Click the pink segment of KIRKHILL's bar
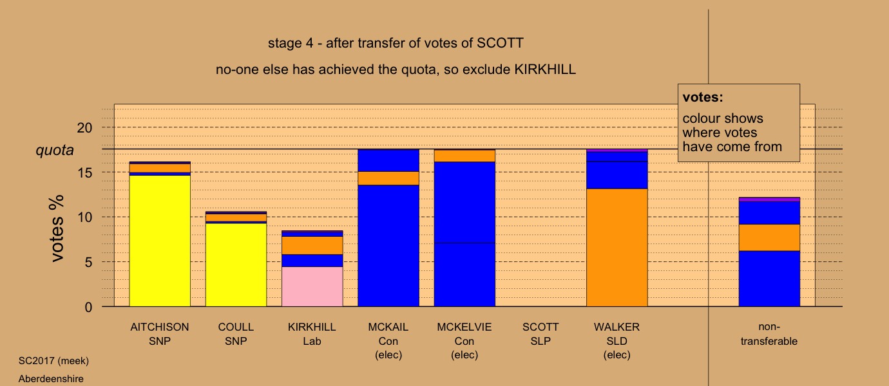312,286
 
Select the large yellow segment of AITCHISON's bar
160,241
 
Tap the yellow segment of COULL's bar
236,264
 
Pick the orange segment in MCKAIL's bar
388,178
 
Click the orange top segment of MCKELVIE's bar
464,156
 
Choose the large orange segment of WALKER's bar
617,248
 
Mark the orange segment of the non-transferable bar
769,238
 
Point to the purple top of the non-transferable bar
769,199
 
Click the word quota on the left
55,151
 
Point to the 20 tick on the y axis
84,127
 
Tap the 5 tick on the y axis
88,262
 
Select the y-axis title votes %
57,228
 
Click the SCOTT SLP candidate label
540,334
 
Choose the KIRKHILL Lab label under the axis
312,334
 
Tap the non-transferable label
769,334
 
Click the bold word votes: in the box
703,98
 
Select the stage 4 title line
396,43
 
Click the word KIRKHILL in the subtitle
545,69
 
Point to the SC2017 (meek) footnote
53,361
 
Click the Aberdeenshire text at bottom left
51,379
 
